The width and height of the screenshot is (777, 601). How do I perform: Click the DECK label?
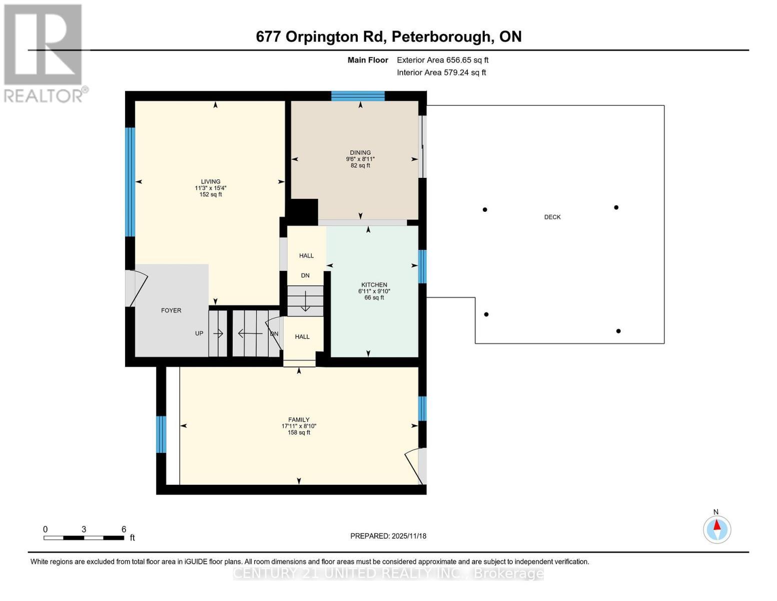552,217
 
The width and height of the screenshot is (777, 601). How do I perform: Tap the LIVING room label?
211,182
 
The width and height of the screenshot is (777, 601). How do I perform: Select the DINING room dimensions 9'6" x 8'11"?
360,159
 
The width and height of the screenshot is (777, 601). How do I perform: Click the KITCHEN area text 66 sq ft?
374,297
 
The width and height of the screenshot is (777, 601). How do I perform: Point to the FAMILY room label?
299,420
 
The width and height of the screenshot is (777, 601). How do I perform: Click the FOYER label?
171,311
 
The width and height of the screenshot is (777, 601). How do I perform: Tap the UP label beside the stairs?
199,333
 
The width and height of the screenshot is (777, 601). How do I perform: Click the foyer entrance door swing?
137,288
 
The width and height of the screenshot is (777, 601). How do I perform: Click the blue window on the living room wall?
130,182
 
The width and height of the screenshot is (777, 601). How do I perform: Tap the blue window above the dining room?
358,96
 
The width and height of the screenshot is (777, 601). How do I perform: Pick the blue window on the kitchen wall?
422,266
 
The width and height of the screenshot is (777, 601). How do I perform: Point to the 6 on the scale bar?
124,529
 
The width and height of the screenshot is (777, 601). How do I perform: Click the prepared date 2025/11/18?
409,536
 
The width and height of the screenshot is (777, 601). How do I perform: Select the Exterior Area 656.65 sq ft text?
442,60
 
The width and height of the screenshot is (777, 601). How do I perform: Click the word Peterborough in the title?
440,37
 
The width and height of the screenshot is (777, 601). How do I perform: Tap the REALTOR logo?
44,53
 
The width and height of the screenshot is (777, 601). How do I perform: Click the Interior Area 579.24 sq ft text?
441,73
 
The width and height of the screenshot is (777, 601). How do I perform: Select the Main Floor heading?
368,60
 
